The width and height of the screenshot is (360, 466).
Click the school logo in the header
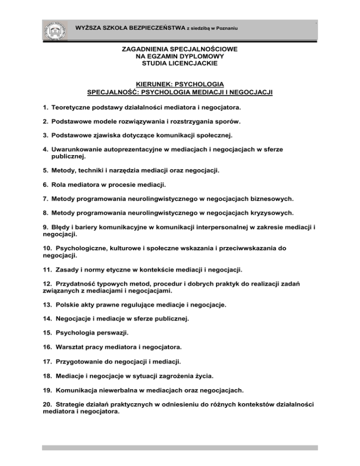pyautogui.click(x=56, y=30)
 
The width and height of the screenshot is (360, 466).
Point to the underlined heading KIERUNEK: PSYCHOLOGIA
pyautogui.click(x=180, y=84)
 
